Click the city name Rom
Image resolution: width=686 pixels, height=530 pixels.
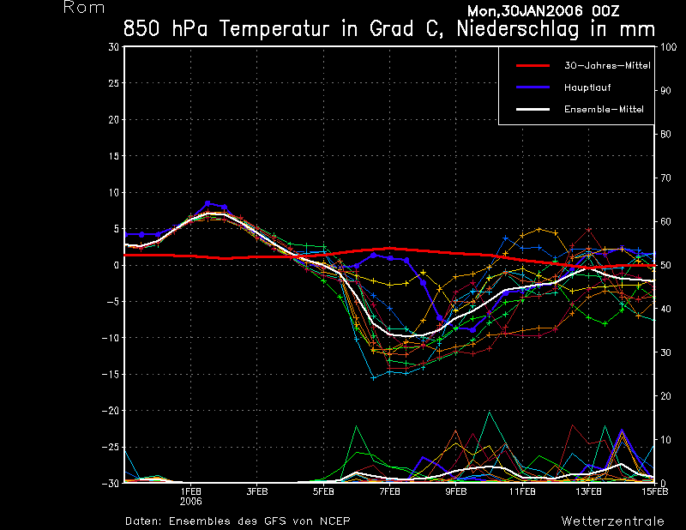pos(84,8)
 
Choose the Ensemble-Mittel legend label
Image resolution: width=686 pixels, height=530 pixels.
pos(603,110)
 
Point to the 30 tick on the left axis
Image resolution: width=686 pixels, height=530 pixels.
pos(114,47)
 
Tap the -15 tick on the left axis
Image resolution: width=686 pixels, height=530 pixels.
pos(111,375)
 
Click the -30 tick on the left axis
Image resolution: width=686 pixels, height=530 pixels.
pos(111,484)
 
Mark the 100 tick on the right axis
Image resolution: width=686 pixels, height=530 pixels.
pos(666,47)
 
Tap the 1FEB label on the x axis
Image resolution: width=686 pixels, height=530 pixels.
pos(190,492)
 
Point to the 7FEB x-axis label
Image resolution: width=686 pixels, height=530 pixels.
pos(389,492)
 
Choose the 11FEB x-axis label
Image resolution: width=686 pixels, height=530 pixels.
pos(522,492)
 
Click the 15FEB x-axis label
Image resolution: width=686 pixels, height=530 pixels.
pos(653,492)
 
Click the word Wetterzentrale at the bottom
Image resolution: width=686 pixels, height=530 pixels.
pos(612,521)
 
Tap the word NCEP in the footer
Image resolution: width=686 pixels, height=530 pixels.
pos(333,521)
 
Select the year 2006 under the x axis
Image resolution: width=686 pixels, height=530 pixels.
pos(190,502)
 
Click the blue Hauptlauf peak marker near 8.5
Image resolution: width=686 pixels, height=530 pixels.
pos(208,203)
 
